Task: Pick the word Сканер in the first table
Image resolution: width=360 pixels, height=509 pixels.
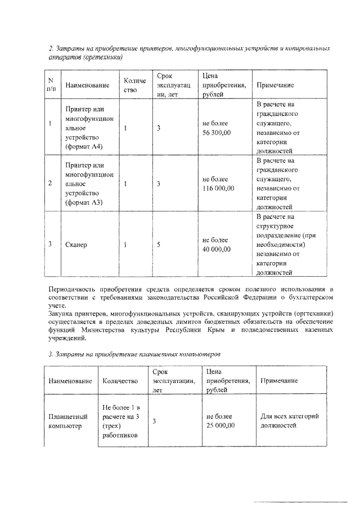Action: click(76, 245)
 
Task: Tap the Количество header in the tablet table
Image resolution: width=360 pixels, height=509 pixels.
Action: click(120, 381)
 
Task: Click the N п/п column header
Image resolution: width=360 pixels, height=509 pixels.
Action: click(51, 84)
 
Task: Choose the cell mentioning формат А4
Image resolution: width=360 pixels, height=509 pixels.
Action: click(87, 128)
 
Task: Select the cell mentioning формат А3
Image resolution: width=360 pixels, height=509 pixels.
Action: click(87, 183)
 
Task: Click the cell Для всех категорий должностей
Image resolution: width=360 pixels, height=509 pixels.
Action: click(290, 421)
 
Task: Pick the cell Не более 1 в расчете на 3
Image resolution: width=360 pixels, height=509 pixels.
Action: click(121, 421)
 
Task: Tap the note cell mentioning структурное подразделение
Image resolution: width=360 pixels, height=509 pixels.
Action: click(284, 244)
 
